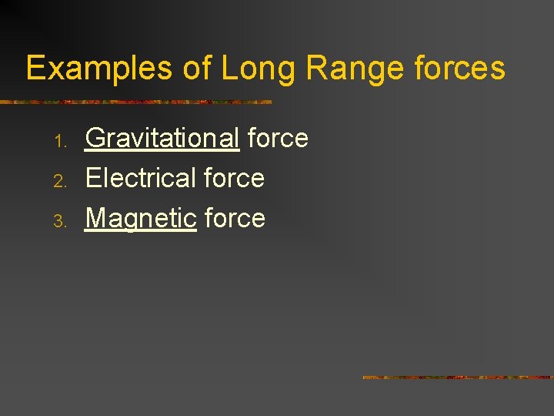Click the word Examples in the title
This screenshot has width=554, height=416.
pos(99,69)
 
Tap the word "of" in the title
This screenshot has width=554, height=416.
pos(198,69)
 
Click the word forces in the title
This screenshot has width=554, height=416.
pos(459,68)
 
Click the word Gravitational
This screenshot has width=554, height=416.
pos(162,139)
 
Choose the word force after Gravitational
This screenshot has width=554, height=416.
pos(278,138)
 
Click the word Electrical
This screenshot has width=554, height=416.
pos(141,178)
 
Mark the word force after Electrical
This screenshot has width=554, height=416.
pos(234,178)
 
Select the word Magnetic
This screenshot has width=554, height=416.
pos(141,219)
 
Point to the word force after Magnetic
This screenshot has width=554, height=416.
pos(235,218)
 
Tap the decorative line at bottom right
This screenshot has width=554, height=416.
pos(458,377)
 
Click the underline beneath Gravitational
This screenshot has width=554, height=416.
pos(162,152)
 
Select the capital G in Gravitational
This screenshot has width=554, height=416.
pos(95,138)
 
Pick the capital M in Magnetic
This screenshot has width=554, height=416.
pos(97,218)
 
